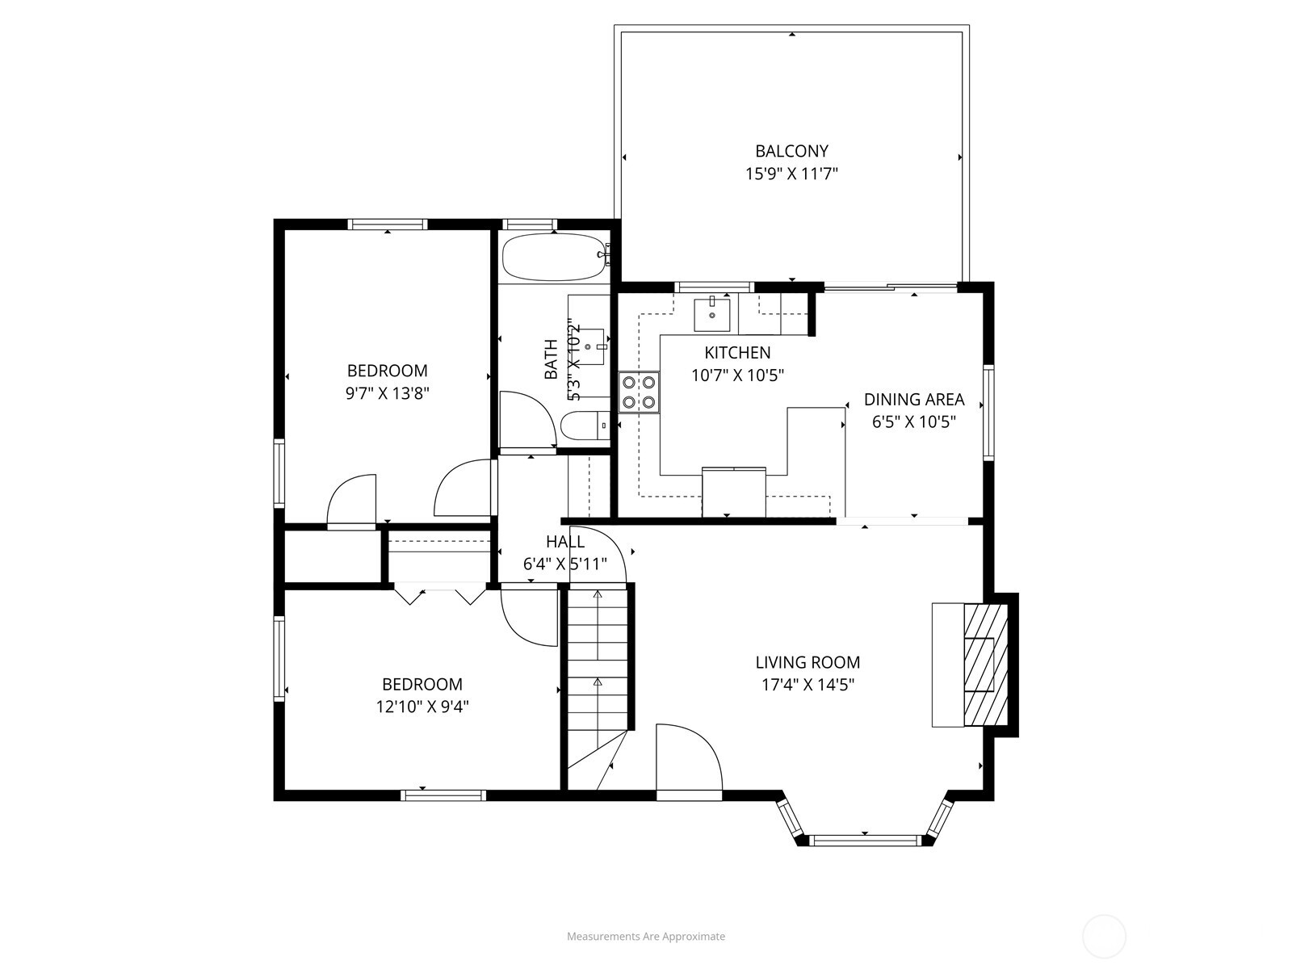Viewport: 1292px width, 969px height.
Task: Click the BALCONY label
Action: [x=791, y=151]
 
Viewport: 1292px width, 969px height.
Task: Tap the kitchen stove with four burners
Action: [x=639, y=392]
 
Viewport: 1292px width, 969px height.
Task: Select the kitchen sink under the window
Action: [x=712, y=313]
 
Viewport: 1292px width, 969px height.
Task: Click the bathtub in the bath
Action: [x=553, y=258]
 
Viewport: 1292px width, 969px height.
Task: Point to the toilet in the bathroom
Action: [x=583, y=426]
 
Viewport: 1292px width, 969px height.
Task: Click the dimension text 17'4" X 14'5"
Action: [x=805, y=685]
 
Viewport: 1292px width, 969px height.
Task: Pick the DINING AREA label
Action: [x=914, y=399]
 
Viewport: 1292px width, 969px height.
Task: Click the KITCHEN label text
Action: [x=737, y=353]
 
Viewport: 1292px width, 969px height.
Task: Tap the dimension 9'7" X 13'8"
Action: [x=387, y=393]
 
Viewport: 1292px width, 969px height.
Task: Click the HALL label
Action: [x=564, y=542]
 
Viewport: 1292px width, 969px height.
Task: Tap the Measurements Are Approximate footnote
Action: [x=645, y=938]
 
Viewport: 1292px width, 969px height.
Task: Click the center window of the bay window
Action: [x=865, y=840]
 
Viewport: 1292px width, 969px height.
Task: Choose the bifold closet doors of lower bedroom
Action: [x=440, y=596]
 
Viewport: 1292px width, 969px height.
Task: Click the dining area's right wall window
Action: [x=988, y=413]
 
